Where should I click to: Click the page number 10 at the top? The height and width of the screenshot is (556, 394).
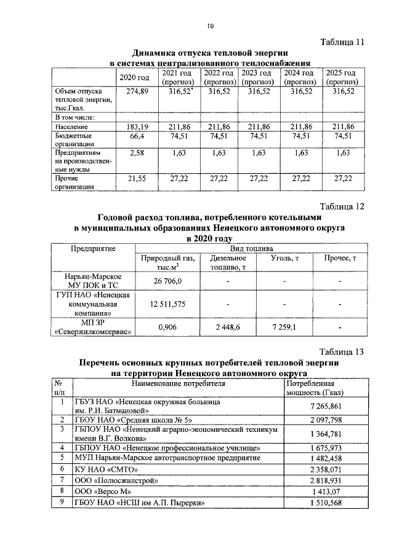tap(210, 26)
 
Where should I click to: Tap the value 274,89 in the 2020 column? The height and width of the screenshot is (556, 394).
tap(137, 91)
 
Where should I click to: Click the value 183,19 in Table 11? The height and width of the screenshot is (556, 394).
tap(137, 127)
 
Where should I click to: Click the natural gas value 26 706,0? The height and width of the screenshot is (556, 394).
tap(167, 281)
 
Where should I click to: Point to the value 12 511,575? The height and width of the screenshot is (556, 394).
tap(167, 304)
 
